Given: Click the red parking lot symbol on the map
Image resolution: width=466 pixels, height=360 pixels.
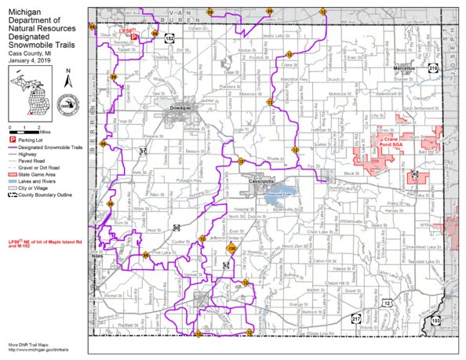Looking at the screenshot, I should click(x=133, y=37).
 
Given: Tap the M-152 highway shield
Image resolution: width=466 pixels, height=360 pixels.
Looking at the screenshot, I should click(x=169, y=37).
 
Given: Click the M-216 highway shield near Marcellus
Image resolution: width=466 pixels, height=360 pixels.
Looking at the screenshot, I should click(x=434, y=69).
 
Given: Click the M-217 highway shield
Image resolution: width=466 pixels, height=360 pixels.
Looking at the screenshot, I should click(x=355, y=319).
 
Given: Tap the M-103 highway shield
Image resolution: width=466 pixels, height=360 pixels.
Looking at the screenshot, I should click(x=435, y=320).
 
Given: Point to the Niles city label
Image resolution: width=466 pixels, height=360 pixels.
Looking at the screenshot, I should click(x=96, y=256).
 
